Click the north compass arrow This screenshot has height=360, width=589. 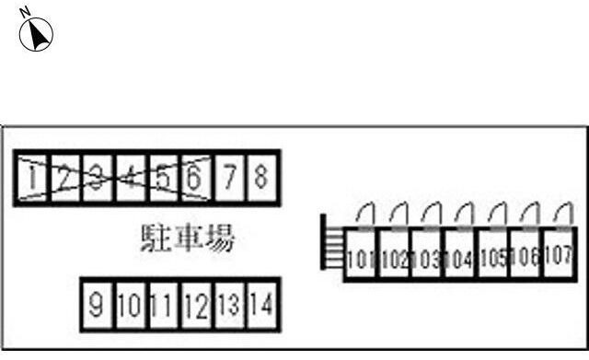40,34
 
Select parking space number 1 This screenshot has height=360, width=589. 33,178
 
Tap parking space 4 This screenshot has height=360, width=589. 131,178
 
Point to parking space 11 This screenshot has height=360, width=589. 163,304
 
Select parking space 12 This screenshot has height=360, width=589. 195,304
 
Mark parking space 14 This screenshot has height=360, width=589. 261,304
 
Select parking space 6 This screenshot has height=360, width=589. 194,177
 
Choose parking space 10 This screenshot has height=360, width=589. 130,304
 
